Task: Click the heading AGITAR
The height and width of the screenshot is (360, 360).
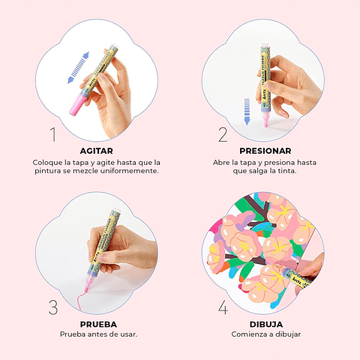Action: [97, 151]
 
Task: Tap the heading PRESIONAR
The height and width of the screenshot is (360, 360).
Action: [265, 151]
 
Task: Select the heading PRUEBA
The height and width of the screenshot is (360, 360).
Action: [98, 324]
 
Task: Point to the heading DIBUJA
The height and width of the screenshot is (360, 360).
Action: [266, 324]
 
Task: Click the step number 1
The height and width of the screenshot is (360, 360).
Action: [53, 134]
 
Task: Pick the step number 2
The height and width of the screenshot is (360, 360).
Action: [223, 134]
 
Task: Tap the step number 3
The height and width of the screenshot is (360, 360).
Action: [53, 307]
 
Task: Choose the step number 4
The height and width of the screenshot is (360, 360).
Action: [223, 307]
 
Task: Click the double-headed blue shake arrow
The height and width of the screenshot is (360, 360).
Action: [78, 67]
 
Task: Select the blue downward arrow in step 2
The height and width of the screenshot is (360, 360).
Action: [247, 112]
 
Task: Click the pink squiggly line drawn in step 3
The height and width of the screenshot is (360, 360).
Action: [82, 298]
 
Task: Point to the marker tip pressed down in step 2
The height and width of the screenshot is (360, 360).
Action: [265, 121]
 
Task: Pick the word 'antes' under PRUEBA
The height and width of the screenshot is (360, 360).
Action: [96, 334]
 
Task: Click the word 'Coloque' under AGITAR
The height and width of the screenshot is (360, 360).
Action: [47, 163]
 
